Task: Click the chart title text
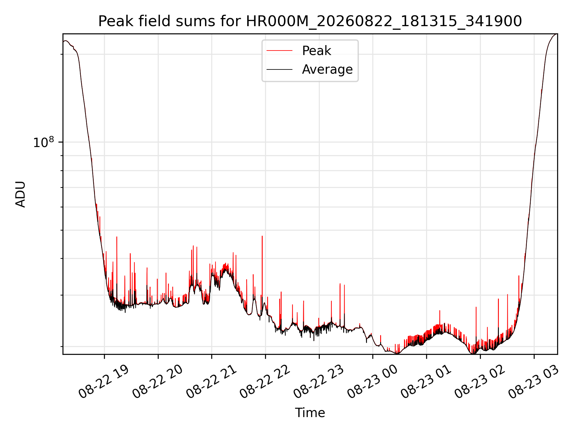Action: point(310,21)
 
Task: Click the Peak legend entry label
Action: point(316,51)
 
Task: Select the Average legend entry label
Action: point(327,69)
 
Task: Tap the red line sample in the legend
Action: point(279,51)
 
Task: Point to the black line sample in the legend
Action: point(279,69)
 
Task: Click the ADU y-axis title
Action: point(20,194)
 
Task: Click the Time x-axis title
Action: point(310,413)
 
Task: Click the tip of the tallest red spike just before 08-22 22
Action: point(262,236)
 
